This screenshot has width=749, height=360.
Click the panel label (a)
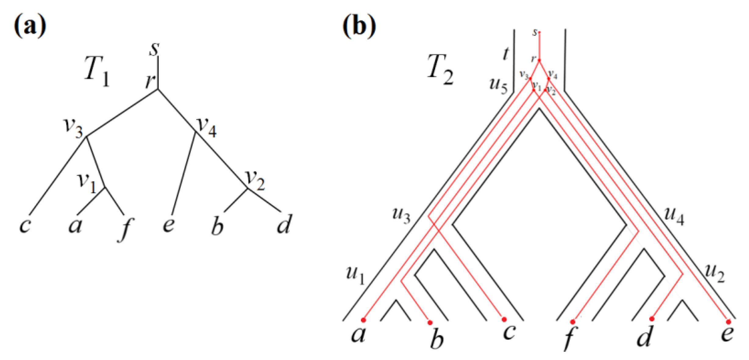30,27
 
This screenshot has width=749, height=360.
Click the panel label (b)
359,27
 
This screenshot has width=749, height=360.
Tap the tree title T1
97,72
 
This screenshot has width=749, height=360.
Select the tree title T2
440,70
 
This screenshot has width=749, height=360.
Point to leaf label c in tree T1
25,226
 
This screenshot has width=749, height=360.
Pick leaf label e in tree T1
169,225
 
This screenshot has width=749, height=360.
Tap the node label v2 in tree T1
255,180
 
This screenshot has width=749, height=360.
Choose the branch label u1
355,274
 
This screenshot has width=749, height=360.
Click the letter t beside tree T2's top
505,54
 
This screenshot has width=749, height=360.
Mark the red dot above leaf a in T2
363,320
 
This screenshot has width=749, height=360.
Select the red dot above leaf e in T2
728,322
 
